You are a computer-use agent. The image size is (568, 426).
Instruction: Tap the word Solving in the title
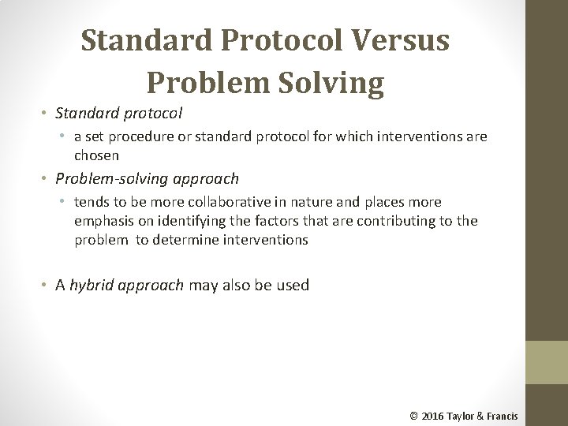coord(334,80)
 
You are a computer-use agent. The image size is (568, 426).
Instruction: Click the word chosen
coord(97,155)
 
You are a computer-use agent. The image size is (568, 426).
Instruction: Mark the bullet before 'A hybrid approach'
coord(47,286)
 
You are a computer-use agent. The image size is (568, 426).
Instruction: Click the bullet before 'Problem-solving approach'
coord(47,179)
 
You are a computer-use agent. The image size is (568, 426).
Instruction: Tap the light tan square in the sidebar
coord(546,364)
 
